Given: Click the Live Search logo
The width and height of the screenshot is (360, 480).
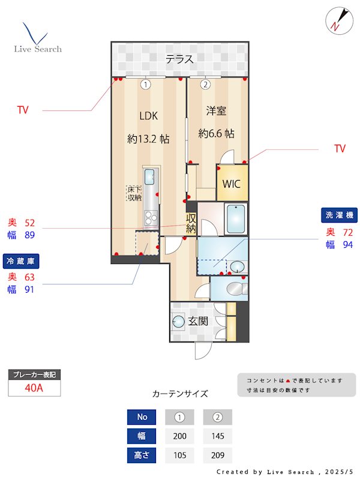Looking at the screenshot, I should (37, 39).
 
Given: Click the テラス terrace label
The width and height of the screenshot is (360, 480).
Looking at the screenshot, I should (180, 59).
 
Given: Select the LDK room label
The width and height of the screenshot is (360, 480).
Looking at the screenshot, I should (148, 116).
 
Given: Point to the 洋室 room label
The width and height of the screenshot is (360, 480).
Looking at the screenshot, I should (216, 110).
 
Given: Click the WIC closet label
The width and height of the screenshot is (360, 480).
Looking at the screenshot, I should (232, 184).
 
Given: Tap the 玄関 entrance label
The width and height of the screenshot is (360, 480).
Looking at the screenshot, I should (199, 321).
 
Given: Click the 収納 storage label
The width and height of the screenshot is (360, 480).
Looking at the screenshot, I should (191, 223).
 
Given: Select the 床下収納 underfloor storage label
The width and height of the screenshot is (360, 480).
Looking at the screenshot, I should (134, 193).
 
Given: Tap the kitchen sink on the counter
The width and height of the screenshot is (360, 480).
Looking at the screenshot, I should (149, 177).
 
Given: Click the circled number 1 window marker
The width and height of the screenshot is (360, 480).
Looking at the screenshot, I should (145, 85).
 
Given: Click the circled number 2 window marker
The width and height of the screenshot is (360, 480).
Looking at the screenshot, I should (205, 85).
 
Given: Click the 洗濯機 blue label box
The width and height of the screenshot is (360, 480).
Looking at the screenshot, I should (340, 214).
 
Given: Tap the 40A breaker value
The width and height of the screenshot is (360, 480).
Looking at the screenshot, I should (34, 388).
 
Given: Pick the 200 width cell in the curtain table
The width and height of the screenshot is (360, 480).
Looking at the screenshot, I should (179, 436).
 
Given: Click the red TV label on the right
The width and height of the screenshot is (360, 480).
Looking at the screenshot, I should (340, 149).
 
